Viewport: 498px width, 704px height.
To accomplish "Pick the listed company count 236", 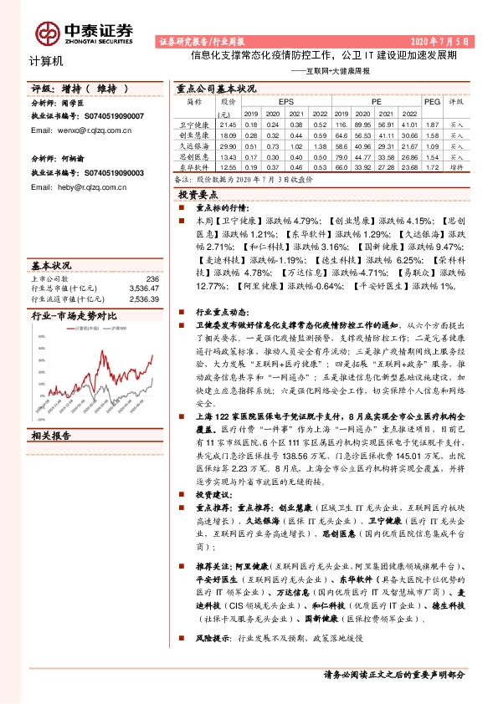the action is coord(151,278).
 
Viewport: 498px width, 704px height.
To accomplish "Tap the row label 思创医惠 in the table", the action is coord(193,156).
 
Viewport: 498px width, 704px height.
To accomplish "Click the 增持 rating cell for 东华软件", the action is coord(456,166).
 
